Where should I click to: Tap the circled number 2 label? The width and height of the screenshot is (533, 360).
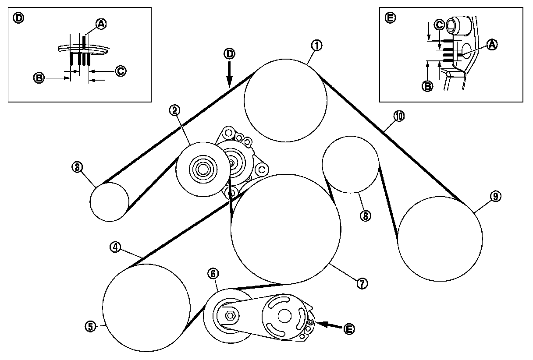click(174, 111)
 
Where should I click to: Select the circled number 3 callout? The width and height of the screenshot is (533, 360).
click(78, 167)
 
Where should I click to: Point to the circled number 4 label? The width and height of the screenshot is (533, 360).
click(115, 247)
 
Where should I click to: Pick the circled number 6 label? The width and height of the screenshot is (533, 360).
click(212, 274)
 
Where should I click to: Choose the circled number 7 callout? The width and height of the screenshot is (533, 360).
click(361, 283)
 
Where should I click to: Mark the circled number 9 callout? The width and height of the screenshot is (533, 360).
click(495, 197)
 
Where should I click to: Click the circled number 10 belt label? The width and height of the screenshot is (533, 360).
click(399, 116)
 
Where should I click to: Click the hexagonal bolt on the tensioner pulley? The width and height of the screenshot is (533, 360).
click(229, 315)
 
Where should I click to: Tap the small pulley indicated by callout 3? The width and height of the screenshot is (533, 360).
click(110, 201)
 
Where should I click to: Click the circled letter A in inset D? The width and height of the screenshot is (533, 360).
click(100, 25)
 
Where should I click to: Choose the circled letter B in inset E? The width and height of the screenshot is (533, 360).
click(427, 86)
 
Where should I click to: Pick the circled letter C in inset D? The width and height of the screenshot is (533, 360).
click(121, 70)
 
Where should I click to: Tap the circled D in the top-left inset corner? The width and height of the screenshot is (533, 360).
click(19, 18)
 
